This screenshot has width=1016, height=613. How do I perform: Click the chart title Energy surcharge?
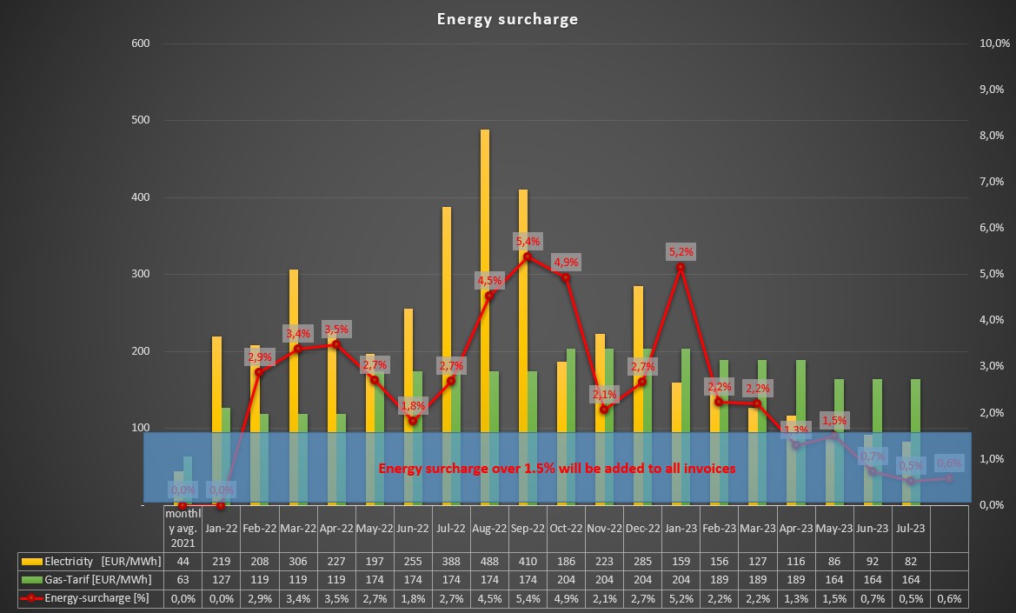pyautogui.click(x=507, y=19)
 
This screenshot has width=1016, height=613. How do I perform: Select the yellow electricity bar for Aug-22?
pyautogui.click(x=485, y=278)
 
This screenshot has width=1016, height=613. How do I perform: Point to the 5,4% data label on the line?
pyautogui.click(x=528, y=241)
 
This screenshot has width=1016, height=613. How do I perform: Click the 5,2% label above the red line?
pyautogui.click(x=681, y=252)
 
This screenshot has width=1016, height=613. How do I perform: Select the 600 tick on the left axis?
pyautogui.click(x=140, y=43)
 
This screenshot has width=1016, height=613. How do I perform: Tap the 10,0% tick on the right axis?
pyautogui.click(x=992, y=43)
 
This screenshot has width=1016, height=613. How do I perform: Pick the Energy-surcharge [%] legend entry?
pyautogui.click(x=85, y=599)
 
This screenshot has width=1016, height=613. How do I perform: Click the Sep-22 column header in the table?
pyautogui.click(x=527, y=527)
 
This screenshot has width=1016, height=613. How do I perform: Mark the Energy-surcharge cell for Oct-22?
pyautogui.click(x=565, y=599)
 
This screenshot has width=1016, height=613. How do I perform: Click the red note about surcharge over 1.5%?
pyautogui.click(x=557, y=468)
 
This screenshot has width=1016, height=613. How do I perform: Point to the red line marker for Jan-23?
pyautogui.click(x=681, y=267)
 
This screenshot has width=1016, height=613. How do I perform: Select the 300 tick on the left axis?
pyautogui.click(x=140, y=274)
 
